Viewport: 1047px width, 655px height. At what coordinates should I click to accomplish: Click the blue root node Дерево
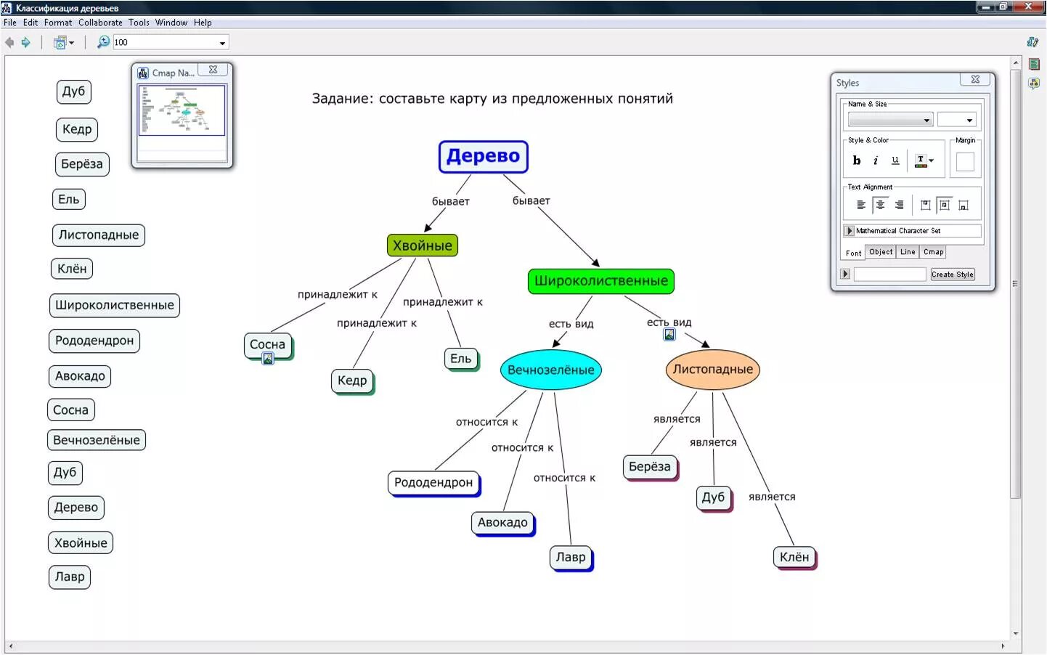tap(483, 156)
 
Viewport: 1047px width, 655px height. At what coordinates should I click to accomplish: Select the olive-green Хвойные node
tap(422, 245)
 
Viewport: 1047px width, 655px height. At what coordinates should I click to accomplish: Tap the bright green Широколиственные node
tap(600, 281)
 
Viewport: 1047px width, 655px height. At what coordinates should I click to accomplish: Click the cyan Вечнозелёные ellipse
tap(550, 370)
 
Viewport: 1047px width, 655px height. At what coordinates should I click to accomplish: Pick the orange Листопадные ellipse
tap(712, 369)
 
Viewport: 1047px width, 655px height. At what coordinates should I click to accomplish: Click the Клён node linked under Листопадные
tap(794, 557)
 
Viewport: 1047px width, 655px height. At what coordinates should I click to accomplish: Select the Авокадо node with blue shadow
tap(502, 522)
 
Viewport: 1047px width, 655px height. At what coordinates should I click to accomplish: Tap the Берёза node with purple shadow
tap(649, 466)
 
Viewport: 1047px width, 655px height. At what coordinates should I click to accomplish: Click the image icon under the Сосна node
tap(268, 359)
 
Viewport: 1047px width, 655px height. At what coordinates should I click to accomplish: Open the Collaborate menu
tap(100, 23)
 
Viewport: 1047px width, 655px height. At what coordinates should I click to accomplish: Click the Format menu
tap(57, 23)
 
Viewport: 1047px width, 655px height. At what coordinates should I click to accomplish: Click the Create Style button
tap(952, 274)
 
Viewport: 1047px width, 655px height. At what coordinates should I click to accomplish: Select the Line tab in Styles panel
tap(908, 252)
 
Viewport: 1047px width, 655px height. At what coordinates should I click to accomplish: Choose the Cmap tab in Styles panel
tap(933, 252)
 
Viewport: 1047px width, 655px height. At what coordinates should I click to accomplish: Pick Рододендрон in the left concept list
tap(94, 341)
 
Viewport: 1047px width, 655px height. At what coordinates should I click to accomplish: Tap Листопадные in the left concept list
tap(99, 235)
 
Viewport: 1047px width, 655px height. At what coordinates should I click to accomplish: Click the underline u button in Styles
tap(895, 160)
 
